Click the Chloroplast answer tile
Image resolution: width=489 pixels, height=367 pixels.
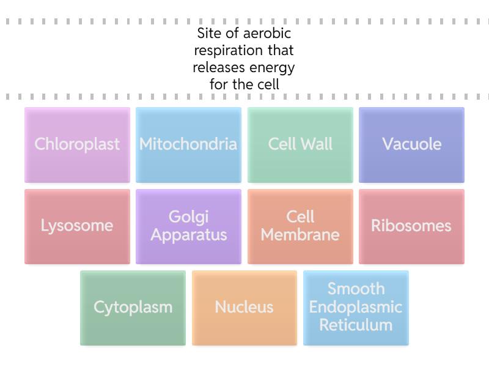[x=78, y=145]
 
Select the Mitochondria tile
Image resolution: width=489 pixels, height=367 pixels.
[x=188, y=145]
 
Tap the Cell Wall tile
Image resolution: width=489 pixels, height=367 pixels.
[x=300, y=145]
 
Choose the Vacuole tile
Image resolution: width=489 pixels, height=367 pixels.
[x=411, y=145]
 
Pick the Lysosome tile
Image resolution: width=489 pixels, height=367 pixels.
[x=78, y=226]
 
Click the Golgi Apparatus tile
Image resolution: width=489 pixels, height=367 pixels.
[x=188, y=226]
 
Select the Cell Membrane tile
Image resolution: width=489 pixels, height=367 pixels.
[x=300, y=226]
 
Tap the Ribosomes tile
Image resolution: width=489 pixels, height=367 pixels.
[x=411, y=226]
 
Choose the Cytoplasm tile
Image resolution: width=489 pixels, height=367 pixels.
[x=133, y=308]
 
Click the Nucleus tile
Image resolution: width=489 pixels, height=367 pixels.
[x=244, y=308]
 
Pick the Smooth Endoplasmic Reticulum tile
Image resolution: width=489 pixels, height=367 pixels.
[x=356, y=308]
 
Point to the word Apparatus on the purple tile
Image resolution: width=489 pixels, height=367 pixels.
[x=189, y=235]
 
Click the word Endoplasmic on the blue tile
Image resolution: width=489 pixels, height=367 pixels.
[x=356, y=307]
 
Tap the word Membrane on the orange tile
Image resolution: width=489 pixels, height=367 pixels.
[x=300, y=235]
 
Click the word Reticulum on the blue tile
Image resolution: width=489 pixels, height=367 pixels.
[x=356, y=325]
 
